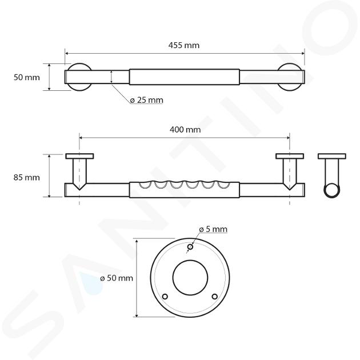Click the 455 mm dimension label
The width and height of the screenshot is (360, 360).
[184, 45]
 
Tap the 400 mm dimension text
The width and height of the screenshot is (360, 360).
[185, 130]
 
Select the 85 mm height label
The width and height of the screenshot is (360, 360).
[26, 178]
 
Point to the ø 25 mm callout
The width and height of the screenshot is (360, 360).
[146, 100]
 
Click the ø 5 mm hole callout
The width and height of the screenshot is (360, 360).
[213, 229]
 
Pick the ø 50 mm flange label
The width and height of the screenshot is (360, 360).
[117, 278]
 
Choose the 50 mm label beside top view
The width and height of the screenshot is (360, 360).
[26, 77]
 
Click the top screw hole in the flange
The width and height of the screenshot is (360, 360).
[190, 247]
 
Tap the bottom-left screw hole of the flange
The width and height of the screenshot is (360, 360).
[165, 297]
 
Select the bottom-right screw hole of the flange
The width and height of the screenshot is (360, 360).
[215, 297]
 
